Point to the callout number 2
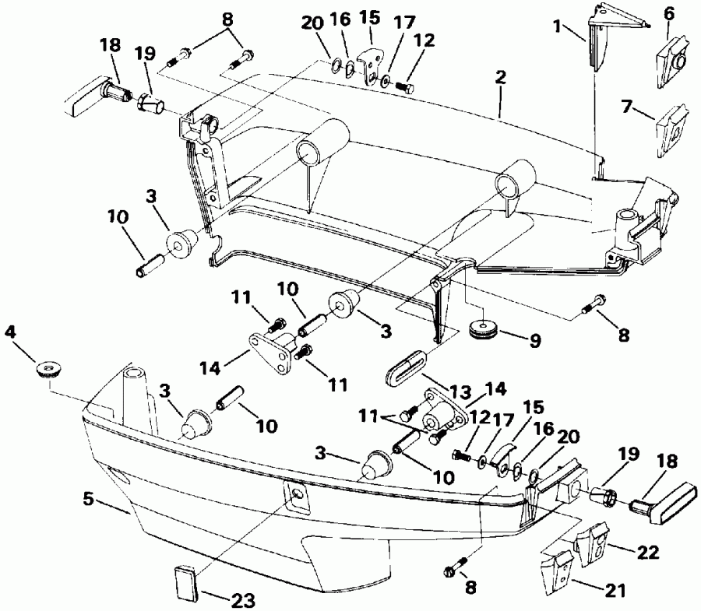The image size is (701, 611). (x=500, y=79)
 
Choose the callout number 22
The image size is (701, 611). (x=647, y=553)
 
